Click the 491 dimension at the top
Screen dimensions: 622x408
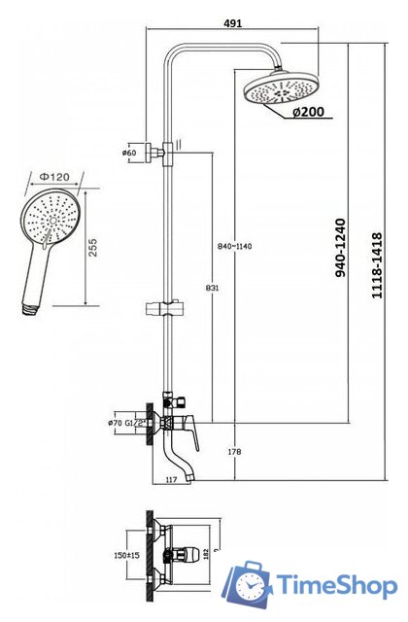pyautogui.click(x=233, y=22)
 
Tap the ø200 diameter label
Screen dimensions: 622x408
pyautogui.click(x=308, y=112)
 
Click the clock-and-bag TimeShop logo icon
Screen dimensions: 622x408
pyautogui.click(x=249, y=584)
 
